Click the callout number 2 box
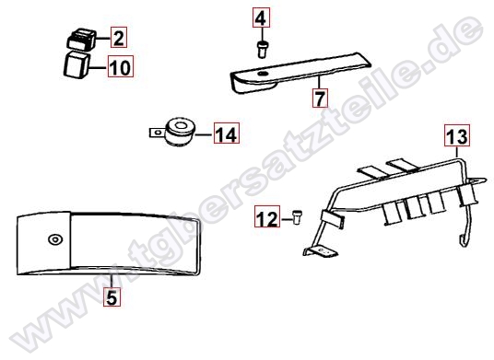[x=119, y=38]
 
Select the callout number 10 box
[x=121, y=66]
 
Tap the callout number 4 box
[x=261, y=17]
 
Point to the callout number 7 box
[x=320, y=98]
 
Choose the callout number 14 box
[x=227, y=134]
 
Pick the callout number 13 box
[x=457, y=135]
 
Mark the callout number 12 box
[x=267, y=216]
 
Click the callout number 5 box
[x=112, y=297]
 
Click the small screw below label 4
[x=262, y=49]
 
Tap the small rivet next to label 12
[x=297, y=216]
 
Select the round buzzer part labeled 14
[x=179, y=133]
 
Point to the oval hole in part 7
[x=262, y=74]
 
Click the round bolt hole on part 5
[x=55, y=239]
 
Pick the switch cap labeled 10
[x=76, y=64]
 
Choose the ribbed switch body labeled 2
[x=82, y=39]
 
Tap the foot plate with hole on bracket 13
[x=321, y=251]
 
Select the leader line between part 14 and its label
[x=205, y=134]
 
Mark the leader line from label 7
[x=319, y=82]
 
